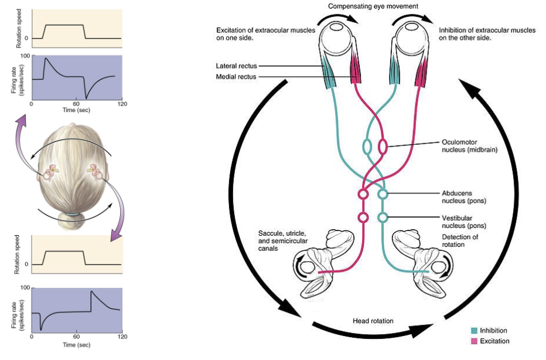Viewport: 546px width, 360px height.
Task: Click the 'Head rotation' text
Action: [x=373, y=321]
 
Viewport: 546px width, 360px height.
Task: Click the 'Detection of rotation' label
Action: [x=460, y=240]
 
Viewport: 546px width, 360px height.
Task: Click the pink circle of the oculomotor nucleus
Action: [x=384, y=145]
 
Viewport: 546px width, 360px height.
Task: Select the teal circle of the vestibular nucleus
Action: [x=383, y=218]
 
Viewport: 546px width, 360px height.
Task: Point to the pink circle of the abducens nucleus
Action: [x=363, y=194]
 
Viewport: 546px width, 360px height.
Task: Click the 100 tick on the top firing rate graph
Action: [x=25, y=56]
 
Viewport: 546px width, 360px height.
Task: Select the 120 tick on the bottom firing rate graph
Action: [x=122, y=337]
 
